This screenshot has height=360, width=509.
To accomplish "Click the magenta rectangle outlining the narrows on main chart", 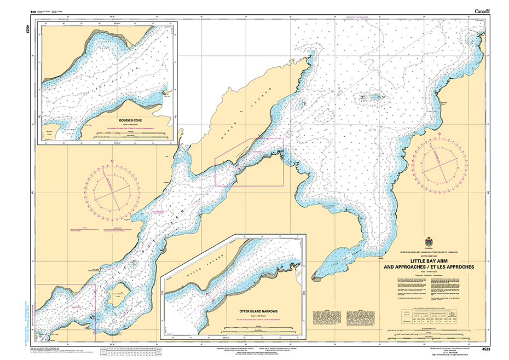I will coord(249,162).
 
